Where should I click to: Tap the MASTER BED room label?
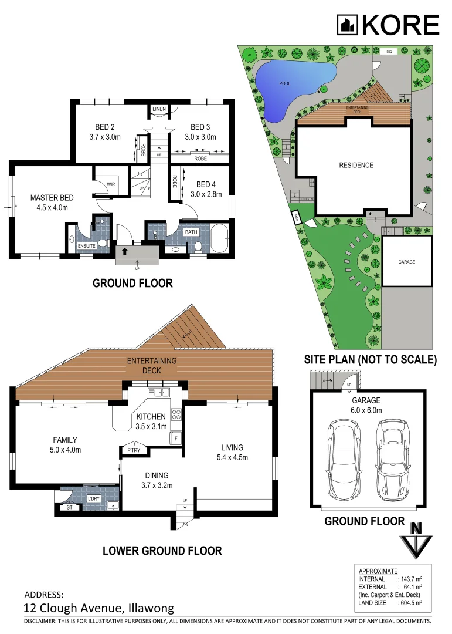click(49, 198)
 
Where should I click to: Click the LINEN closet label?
click(159, 110)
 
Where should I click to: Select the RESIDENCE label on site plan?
click(356, 165)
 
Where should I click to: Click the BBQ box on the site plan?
click(389, 52)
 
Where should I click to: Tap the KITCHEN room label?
click(151, 416)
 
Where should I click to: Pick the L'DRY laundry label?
click(94, 498)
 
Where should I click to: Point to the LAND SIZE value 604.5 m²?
click(410, 602)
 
